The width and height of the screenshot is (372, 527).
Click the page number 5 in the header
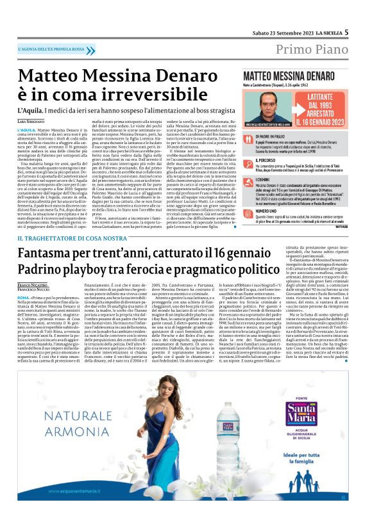[x=346, y=32]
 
